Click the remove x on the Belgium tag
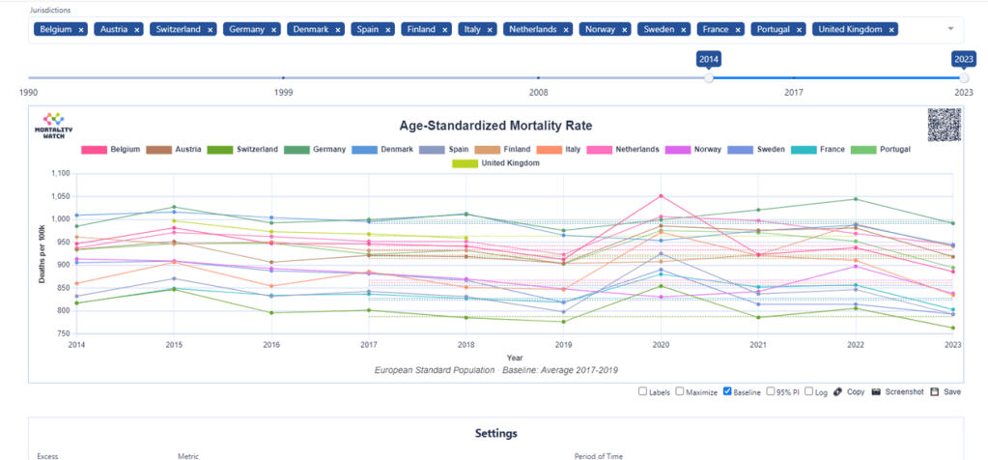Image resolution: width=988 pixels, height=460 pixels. [81, 30]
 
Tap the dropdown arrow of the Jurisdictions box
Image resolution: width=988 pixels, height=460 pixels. [950, 30]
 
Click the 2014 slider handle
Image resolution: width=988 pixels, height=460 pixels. [709, 77]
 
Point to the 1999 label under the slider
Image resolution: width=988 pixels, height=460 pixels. [283, 93]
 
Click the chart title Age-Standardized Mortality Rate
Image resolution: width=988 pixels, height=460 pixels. [495, 126]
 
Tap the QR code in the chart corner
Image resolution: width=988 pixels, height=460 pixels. [946, 126]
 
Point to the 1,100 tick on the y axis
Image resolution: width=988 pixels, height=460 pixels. [59, 174]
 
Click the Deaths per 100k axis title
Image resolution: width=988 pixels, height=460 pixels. [42, 254]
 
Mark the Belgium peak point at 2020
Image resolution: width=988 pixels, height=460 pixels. [661, 195]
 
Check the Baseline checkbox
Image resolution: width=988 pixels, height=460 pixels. [728, 391]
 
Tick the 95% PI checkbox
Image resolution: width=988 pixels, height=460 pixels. [770, 391]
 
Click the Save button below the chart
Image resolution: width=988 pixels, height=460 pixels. [946, 391]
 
